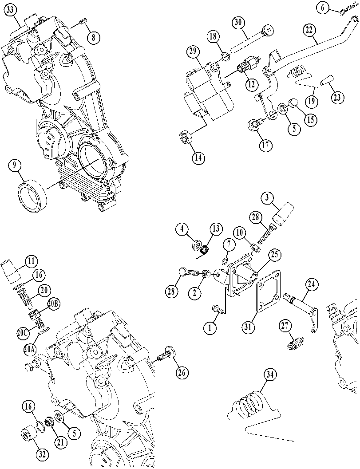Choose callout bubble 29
click(193, 52)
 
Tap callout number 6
click(323, 8)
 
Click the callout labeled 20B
click(53, 304)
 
